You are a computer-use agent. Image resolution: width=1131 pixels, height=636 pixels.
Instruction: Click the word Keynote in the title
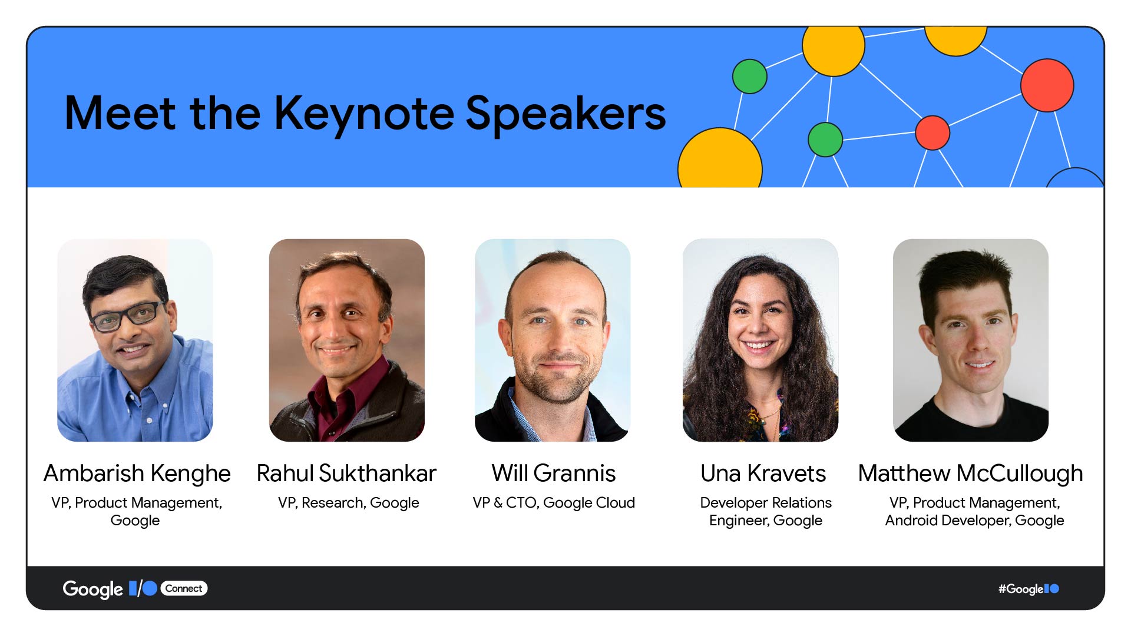point(364,114)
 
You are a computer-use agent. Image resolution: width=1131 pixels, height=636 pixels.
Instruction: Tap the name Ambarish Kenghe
point(137,473)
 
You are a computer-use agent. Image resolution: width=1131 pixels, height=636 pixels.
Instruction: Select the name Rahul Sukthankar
point(346,473)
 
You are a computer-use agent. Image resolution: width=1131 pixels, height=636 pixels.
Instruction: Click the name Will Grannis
point(554,473)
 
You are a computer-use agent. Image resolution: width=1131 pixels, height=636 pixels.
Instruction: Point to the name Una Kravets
point(763,473)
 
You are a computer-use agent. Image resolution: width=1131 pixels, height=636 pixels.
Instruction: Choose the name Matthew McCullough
point(970,473)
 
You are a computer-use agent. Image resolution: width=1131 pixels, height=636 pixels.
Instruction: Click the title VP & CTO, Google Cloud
point(554,503)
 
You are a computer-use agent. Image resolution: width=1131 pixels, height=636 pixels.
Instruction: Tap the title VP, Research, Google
point(349,503)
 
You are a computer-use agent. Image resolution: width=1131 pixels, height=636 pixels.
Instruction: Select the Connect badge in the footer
point(184,588)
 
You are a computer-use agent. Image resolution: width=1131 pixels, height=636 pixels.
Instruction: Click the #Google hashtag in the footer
point(1021,589)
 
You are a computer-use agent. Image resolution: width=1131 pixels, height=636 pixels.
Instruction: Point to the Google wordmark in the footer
point(92,589)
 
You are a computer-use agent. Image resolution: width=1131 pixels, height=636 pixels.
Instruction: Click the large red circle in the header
point(1047,85)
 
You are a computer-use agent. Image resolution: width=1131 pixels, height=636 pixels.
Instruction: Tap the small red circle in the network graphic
point(932,132)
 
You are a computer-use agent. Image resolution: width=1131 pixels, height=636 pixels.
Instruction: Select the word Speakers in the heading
point(565,114)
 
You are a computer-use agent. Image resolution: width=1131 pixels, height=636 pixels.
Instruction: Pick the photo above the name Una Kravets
point(760,340)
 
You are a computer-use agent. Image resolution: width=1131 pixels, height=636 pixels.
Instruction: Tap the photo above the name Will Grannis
point(553,340)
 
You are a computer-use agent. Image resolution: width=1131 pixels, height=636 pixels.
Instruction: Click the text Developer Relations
point(766,503)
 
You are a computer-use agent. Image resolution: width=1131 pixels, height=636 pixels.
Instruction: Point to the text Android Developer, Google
point(974,521)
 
